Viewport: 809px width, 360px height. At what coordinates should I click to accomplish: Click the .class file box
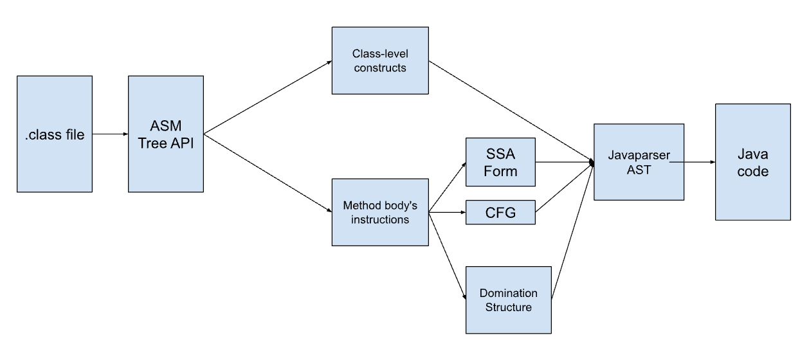[55, 134]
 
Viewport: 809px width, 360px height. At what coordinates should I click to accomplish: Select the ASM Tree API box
[166, 134]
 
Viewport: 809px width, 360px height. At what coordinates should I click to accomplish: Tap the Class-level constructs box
[380, 60]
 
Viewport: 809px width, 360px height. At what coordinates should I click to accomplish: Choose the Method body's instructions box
[380, 212]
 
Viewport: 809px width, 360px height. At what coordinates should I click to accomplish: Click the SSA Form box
[500, 162]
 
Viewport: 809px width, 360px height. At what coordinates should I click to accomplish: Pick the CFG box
[500, 212]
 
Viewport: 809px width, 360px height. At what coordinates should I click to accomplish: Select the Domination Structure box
[509, 300]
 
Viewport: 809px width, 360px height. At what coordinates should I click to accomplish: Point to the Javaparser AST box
[639, 162]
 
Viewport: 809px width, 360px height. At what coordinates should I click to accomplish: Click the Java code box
[753, 162]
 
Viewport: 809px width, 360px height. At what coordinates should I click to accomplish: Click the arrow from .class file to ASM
[110, 134]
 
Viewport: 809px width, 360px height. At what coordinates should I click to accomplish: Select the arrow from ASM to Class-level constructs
[268, 98]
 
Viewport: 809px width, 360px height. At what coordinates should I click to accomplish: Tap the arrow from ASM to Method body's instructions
[268, 173]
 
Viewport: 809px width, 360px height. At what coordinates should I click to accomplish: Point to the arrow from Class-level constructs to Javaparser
[511, 111]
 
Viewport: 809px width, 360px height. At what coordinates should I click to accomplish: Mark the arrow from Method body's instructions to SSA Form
[448, 188]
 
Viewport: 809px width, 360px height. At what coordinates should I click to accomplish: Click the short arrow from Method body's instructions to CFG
[448, 212]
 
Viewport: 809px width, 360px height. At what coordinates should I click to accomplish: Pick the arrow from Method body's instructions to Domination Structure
[448, 256]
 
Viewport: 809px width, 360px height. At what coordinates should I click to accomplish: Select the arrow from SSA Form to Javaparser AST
[565, 162]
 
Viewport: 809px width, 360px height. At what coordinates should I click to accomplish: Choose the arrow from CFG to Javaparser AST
[565, 188]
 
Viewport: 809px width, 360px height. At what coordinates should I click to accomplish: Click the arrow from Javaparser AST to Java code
[693, 162]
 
